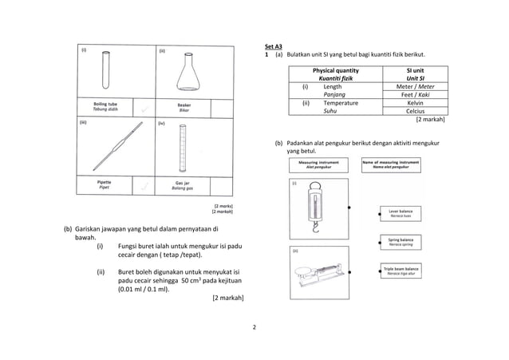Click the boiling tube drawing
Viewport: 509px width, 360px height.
click(x=105, y=70)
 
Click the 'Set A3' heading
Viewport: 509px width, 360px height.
click(x=274, y=46)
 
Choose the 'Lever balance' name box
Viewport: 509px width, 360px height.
click(x=400, y=213)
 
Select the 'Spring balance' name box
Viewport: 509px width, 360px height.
click(x=400, y=242)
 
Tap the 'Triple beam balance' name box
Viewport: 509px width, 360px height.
click(x=400, y=271)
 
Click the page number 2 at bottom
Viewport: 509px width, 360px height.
click(x=254, y=328)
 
